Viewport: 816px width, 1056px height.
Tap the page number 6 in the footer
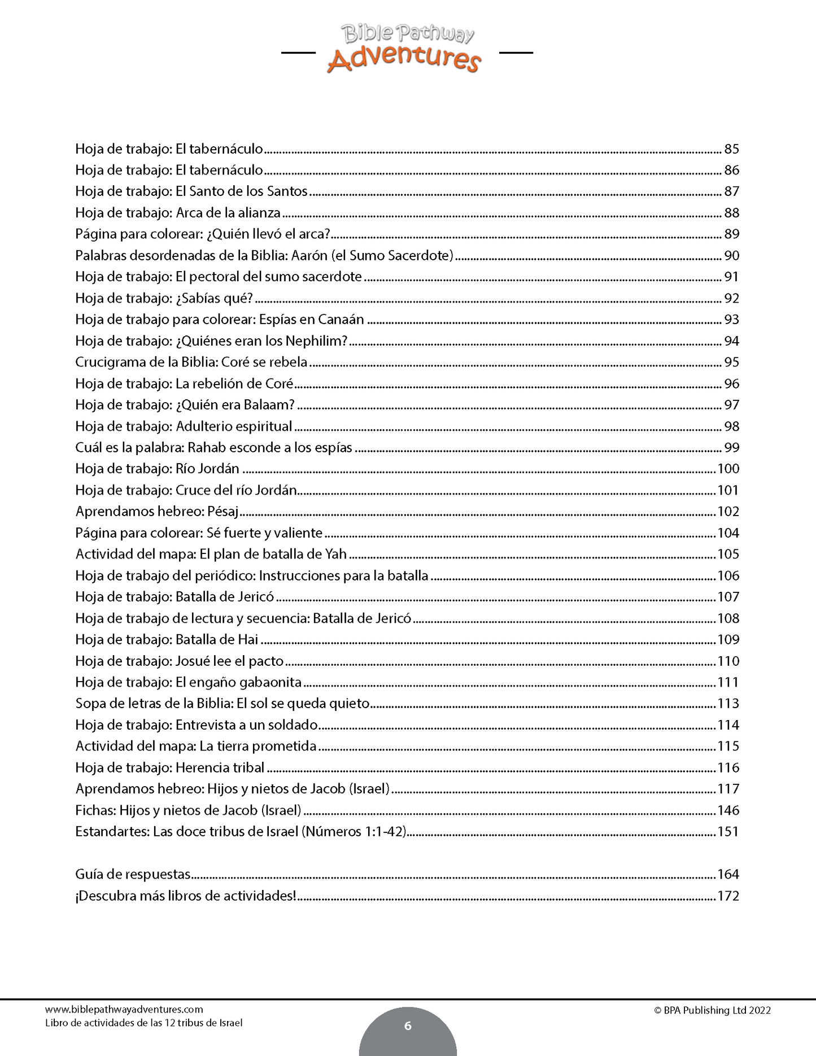pos(408,1026)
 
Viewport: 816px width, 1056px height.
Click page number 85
pos(731,149)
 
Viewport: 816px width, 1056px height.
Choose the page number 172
pos(728,896)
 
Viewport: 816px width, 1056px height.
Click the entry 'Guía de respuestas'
pos(133,874)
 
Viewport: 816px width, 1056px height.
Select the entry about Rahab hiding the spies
pos(213,448)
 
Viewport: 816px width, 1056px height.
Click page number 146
pos(728,810)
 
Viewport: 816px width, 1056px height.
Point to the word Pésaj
pos(224,512)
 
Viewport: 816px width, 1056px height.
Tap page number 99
pos(731,448)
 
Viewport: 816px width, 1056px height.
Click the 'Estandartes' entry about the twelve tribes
pos(241,832)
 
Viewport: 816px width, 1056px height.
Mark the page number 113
pos(728,704)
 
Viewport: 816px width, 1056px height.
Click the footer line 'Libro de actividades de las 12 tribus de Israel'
pos(143,1023)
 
